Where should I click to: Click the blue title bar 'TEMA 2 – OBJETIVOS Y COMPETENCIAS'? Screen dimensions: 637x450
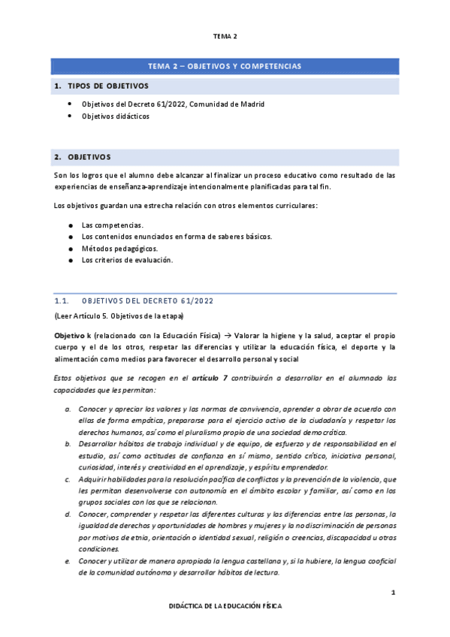point(225,67)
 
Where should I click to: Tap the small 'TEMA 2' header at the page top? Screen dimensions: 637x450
point(225,35)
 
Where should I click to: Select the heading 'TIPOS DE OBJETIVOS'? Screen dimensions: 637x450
point(108,86)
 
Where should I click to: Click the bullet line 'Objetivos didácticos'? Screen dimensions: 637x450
point(115,116)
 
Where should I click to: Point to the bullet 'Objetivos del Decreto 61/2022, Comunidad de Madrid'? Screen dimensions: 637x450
point(173,104)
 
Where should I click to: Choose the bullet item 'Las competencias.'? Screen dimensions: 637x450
point(112,225)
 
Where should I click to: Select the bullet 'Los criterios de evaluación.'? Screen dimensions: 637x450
point(127,260)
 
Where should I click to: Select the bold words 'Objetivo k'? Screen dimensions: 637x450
point(73,334)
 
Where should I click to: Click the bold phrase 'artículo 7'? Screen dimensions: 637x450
point(211,378)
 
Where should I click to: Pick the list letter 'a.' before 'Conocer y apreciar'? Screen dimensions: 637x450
point(69,408)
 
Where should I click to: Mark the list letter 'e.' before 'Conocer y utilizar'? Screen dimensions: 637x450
point(69,560)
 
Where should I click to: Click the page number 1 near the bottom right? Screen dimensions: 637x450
point(392,593)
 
